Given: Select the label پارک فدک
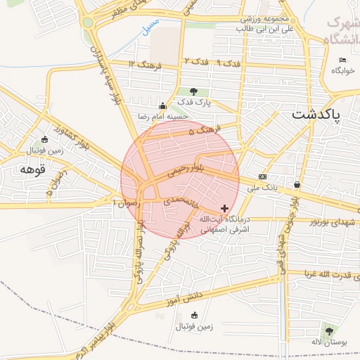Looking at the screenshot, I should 194,103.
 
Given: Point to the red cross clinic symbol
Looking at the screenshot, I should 224,208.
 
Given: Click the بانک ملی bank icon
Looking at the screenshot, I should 262,176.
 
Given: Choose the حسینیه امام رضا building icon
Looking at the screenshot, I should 162,105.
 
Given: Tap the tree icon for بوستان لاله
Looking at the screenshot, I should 328,330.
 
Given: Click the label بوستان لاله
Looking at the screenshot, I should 325,342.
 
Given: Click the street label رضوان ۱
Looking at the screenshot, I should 127,202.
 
